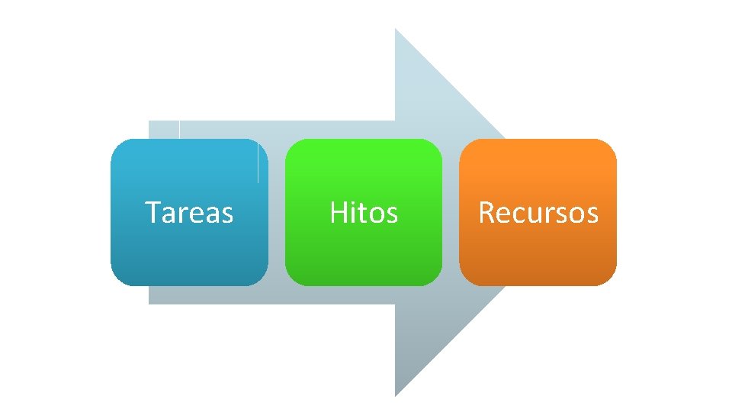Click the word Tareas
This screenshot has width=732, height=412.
(189, 213)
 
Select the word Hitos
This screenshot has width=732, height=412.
(364, 213)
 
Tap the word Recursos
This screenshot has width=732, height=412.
(538, 213)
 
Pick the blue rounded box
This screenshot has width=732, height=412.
(189, 252)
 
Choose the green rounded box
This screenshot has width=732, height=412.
(364, 252)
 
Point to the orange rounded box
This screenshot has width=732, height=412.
(538, 252)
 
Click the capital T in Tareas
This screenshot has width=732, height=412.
(152, 212)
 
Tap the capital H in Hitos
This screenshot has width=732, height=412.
(337, 212)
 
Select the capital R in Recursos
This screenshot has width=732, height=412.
(486, 212)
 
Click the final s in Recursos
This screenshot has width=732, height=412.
(592, 215)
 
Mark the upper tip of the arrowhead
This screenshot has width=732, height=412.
(396, 30)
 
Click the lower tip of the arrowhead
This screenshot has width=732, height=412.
(396, 395)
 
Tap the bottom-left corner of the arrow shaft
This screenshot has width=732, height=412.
(149, 304)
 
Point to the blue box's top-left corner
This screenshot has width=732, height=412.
(114, 143)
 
